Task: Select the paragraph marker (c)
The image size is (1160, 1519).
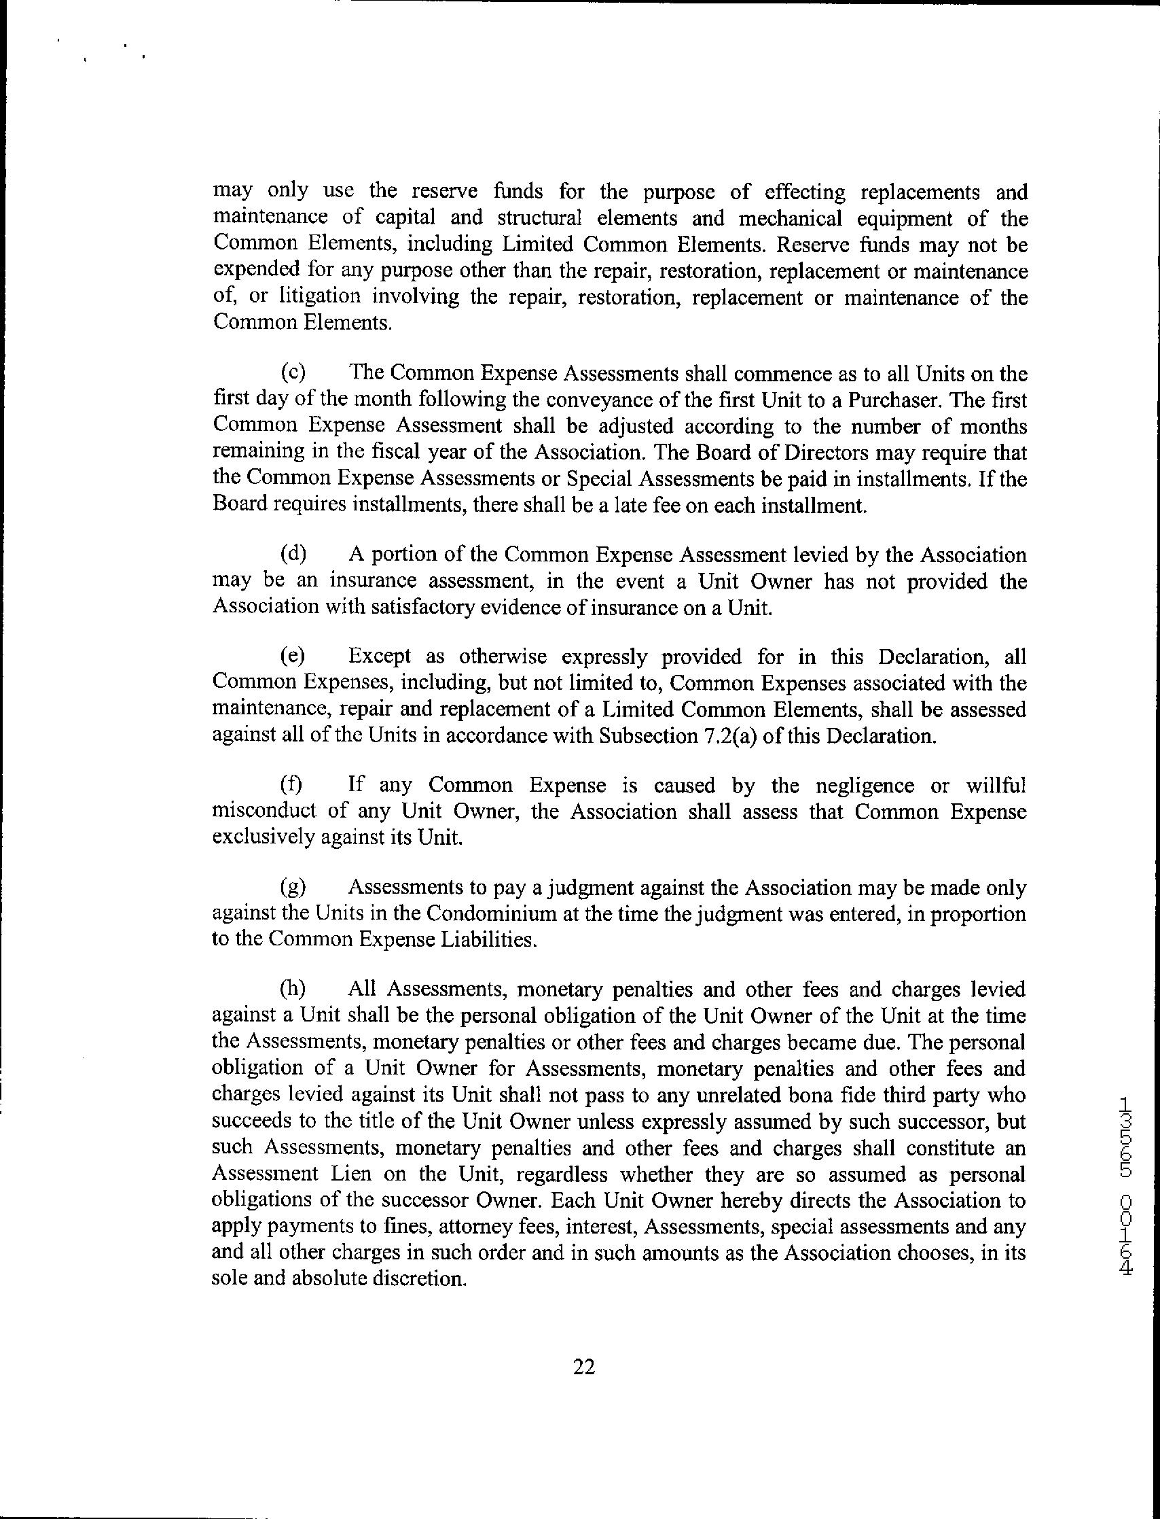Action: click(x=293, y=374)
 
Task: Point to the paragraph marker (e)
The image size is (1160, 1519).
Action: click(x=293, y=656)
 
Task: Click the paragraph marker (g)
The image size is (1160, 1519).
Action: click(x=293, y=887)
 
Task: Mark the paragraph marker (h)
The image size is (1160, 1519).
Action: click(x=293, y=989)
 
